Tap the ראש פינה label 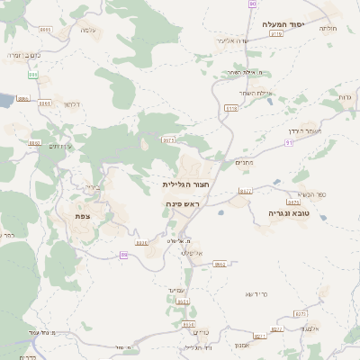click(181, 204)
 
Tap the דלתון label click(73, 104)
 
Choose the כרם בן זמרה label click(24, 55)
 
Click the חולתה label click(328, 28)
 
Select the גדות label click(345, 96)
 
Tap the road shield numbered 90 click(252, 4)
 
